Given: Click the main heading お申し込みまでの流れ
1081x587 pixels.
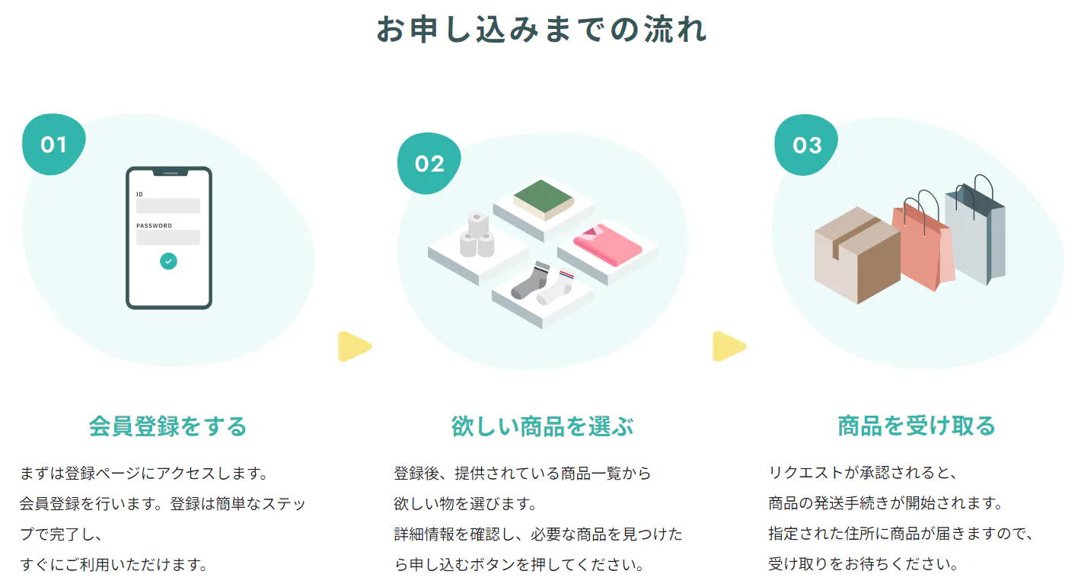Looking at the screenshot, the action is (x=541, y=30).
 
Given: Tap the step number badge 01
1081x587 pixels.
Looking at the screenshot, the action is (x=53, y=145).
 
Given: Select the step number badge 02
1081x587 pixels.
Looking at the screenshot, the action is (x=429, y=164).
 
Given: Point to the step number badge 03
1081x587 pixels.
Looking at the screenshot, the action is (x=806, y=145).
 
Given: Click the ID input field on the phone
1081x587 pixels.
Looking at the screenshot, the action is (x=168, y=206).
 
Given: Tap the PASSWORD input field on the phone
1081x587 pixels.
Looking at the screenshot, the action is (x=168, y=238).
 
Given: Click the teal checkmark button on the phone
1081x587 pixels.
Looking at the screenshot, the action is (x=168, y=261).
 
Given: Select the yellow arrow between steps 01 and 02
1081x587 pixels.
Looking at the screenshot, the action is (x=355, y=346).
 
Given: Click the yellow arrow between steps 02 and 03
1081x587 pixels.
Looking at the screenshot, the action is (x=729, y=346).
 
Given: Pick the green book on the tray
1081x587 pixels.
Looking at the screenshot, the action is (x=544, y=199).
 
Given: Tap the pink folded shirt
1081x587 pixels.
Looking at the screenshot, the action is (x=607, y=244).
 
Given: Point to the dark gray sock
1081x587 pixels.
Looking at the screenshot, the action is (x=531, y=281).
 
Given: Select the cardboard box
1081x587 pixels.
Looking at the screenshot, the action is (x=857, y=255).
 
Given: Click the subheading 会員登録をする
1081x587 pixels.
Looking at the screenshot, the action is (x=168, y=426).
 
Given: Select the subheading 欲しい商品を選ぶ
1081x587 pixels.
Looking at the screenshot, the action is (x=543, y=426).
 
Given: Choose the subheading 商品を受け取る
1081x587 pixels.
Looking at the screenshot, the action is (x=917, y=426).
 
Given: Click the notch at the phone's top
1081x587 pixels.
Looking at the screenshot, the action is (x=170, y=172).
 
